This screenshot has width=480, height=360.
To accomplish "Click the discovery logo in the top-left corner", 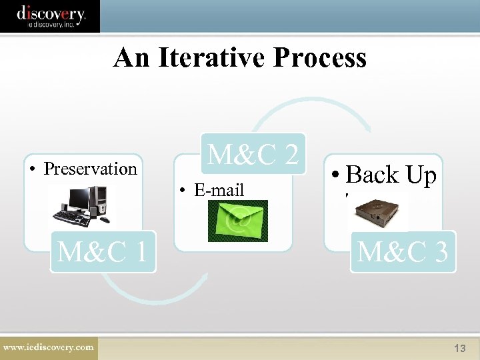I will click(x=50, y=16).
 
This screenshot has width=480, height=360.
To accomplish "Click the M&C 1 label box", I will click(x=103, y=252).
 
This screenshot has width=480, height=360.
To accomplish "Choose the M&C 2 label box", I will click(x=253, y=155).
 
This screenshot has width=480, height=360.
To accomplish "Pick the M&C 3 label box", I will click(x=403, y=252).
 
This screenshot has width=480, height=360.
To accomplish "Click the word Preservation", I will click(x=90, y=169).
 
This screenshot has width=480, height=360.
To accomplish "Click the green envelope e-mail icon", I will click(x=237, y=221).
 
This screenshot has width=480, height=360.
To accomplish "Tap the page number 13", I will click(x=459, y=349).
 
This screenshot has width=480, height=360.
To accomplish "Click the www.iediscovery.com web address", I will click(x=48, y=347).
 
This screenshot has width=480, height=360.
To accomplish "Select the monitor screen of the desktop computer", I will click(x=79, y=198).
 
